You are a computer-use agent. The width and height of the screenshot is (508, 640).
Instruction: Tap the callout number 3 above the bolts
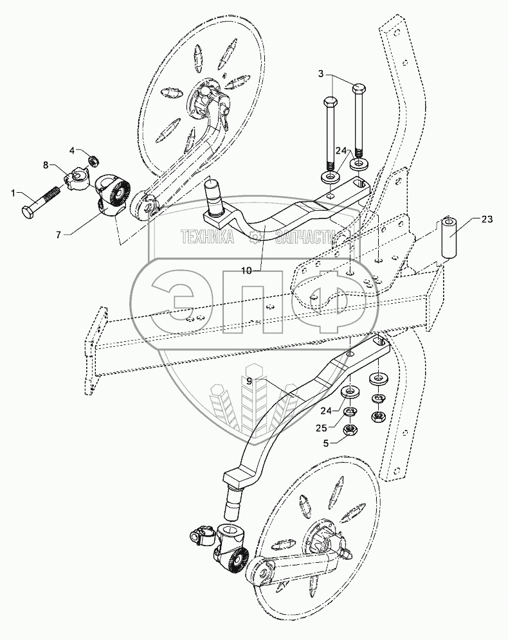pos(322,74)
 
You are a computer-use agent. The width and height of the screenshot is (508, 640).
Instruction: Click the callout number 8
pos(46,165)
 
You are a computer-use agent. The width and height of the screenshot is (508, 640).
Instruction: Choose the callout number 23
pos(487,219)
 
